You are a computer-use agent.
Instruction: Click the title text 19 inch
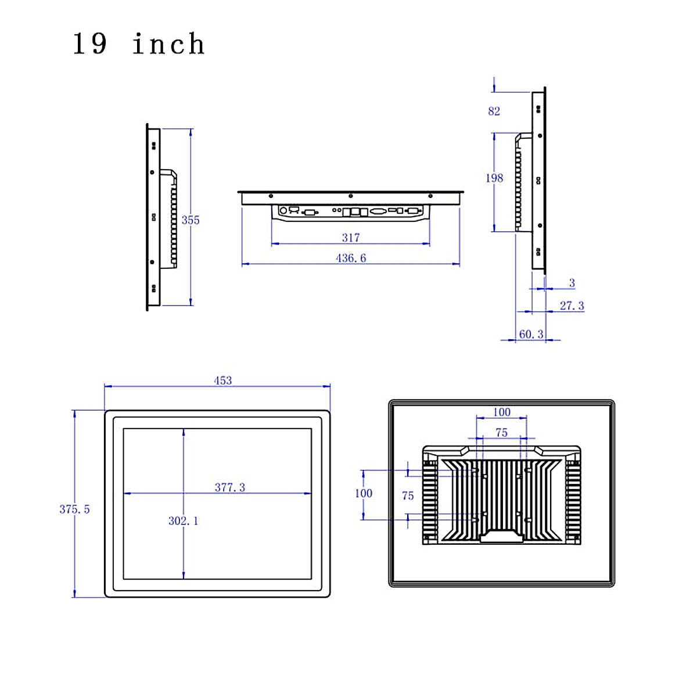point(138,44)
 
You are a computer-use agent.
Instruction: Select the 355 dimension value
point(191,220)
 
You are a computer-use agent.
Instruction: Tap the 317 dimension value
point(351,238)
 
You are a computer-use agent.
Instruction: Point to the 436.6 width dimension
point(351,258)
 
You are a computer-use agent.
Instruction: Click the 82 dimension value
point(494,111)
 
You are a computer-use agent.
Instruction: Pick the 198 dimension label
point(494,178)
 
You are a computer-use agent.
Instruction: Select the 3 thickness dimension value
point(572,283)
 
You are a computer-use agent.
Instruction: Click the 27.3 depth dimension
point(572,306)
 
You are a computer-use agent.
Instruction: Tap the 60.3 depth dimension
point(531,334)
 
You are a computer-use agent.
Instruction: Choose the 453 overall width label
point(223,380)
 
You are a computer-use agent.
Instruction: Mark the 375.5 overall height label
point(74,509)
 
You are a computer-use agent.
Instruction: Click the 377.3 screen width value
point(230,487)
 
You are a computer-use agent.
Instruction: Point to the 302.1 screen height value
point(184,521)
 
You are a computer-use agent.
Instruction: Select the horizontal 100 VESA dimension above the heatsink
point(502,412)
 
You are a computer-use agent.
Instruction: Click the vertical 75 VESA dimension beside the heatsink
point(408,495)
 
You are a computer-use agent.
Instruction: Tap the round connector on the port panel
point(283,211)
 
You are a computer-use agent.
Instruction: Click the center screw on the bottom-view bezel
point(351,196)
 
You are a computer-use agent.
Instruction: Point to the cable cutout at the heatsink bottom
point(502,536)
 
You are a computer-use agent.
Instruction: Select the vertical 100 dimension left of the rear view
point(364,493)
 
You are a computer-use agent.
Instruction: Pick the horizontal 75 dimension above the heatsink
point(502,432)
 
